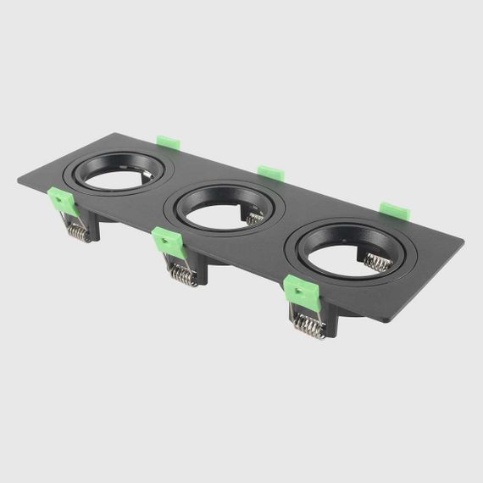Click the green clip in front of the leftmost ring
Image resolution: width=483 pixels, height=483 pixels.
[60, 201]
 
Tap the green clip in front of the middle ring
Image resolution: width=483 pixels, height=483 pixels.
[169, 242]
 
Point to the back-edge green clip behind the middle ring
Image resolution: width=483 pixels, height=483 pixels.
[269, 171]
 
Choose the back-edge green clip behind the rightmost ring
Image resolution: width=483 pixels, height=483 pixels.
[394, 212]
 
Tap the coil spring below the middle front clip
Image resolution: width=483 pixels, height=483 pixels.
[182, 273]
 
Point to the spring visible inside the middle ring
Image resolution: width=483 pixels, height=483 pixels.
[254, 218]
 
